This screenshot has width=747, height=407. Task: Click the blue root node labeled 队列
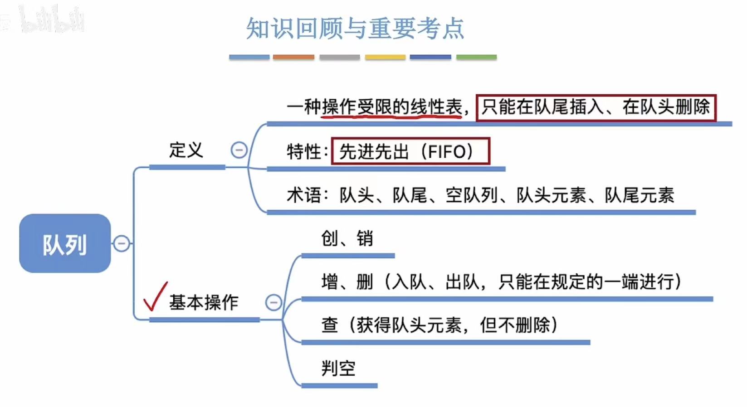(65, 243)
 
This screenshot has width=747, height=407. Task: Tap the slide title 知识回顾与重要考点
(355, 28)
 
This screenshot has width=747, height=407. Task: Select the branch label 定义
(186, 150)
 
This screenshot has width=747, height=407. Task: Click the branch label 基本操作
(204, 302)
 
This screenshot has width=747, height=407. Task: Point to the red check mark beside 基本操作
(155, 297)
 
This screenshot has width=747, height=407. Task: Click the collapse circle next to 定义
(239, 150)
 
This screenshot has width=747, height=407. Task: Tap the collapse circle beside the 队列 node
(121, 243)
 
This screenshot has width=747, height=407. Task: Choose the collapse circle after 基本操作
(273, 302)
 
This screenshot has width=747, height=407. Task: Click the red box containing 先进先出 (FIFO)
(410, 151)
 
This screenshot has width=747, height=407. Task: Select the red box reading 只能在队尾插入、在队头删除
(596, 107)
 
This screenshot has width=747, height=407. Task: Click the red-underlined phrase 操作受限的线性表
(392, 107)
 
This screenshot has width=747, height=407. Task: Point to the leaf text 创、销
(347, 238)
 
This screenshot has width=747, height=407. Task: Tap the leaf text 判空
(338, 368)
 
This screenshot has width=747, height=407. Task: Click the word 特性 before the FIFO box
(303, 151)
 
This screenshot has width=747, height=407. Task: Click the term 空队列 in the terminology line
(472, 195)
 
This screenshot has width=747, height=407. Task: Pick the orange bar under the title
(293, 57)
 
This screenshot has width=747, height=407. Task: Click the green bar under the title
(476, 57)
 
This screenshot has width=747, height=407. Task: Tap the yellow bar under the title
(385, 57)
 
